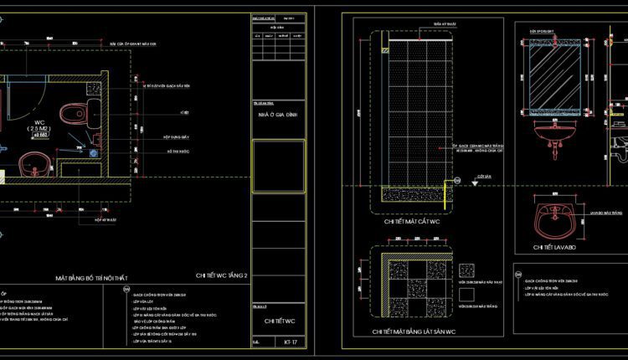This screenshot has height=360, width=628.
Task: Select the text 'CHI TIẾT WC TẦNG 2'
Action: (x=222, y=274)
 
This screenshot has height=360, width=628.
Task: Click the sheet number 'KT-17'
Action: (x=291, y=342)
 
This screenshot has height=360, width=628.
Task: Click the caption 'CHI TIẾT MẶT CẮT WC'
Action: (x=413, y=222)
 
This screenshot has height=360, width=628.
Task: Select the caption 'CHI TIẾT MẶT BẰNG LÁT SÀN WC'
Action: (x=414, y=332)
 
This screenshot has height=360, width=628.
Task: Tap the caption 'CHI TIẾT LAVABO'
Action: (x=554, y=248)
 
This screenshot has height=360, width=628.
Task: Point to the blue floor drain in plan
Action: (x=93, y=152)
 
